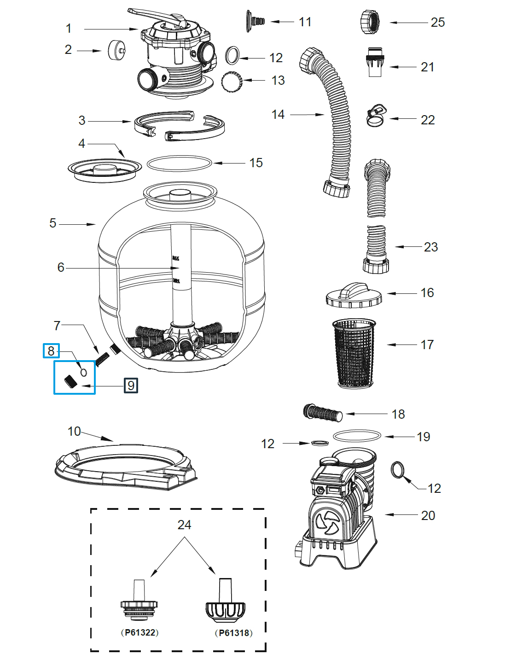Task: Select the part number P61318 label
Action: [x=233, y=632]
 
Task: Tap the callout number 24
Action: [x=184, y=525]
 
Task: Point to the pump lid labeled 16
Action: [x=354, y=295]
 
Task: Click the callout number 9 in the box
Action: [x=131, y=385]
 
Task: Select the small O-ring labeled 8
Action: [x=83, y=372]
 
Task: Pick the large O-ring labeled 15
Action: [x=180, y=163]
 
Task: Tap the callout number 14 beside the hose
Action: [x=278, y=114]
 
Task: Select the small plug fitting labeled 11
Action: [x=255, y=20]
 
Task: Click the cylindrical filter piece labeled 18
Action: [x=323, y=412]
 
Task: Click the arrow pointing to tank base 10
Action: [x=97, y=436]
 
